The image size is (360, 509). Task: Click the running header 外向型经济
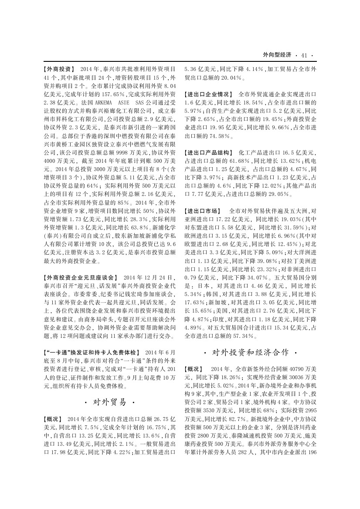point(277,55)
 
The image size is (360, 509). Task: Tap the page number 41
point(304,55)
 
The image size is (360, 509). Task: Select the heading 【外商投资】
point(59,69)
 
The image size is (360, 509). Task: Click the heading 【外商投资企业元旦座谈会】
point(81,277)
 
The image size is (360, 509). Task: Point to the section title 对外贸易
point(110,401)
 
